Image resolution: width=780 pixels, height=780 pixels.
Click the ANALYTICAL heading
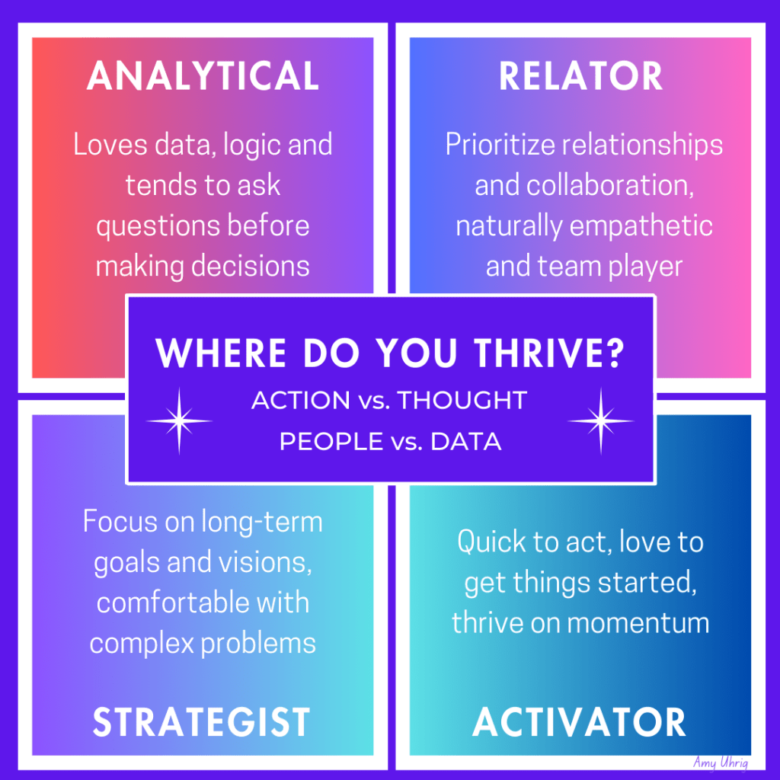(203, 75)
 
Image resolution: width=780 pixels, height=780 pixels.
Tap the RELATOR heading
(580, 75)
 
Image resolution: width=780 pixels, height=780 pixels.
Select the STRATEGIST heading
(201, 722)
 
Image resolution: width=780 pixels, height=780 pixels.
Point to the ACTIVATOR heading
(579, 722)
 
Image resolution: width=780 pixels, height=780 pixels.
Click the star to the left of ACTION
(179, 420)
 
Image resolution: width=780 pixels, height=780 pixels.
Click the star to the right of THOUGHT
(601, 420)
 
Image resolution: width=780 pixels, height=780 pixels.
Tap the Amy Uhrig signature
(721, 762)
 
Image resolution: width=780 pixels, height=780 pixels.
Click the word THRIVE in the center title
(548, 353)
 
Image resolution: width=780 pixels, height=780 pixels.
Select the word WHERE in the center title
(221, 353)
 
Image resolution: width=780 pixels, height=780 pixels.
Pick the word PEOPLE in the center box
(331, 441)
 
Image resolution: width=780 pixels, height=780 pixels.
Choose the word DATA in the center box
(466, 441)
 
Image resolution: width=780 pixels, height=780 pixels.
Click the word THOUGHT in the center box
(462, 400)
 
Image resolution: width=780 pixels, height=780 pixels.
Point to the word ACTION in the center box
(301, 400)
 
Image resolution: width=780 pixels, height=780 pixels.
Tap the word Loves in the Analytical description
(110, 145)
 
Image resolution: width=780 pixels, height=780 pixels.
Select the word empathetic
(641, 226)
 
